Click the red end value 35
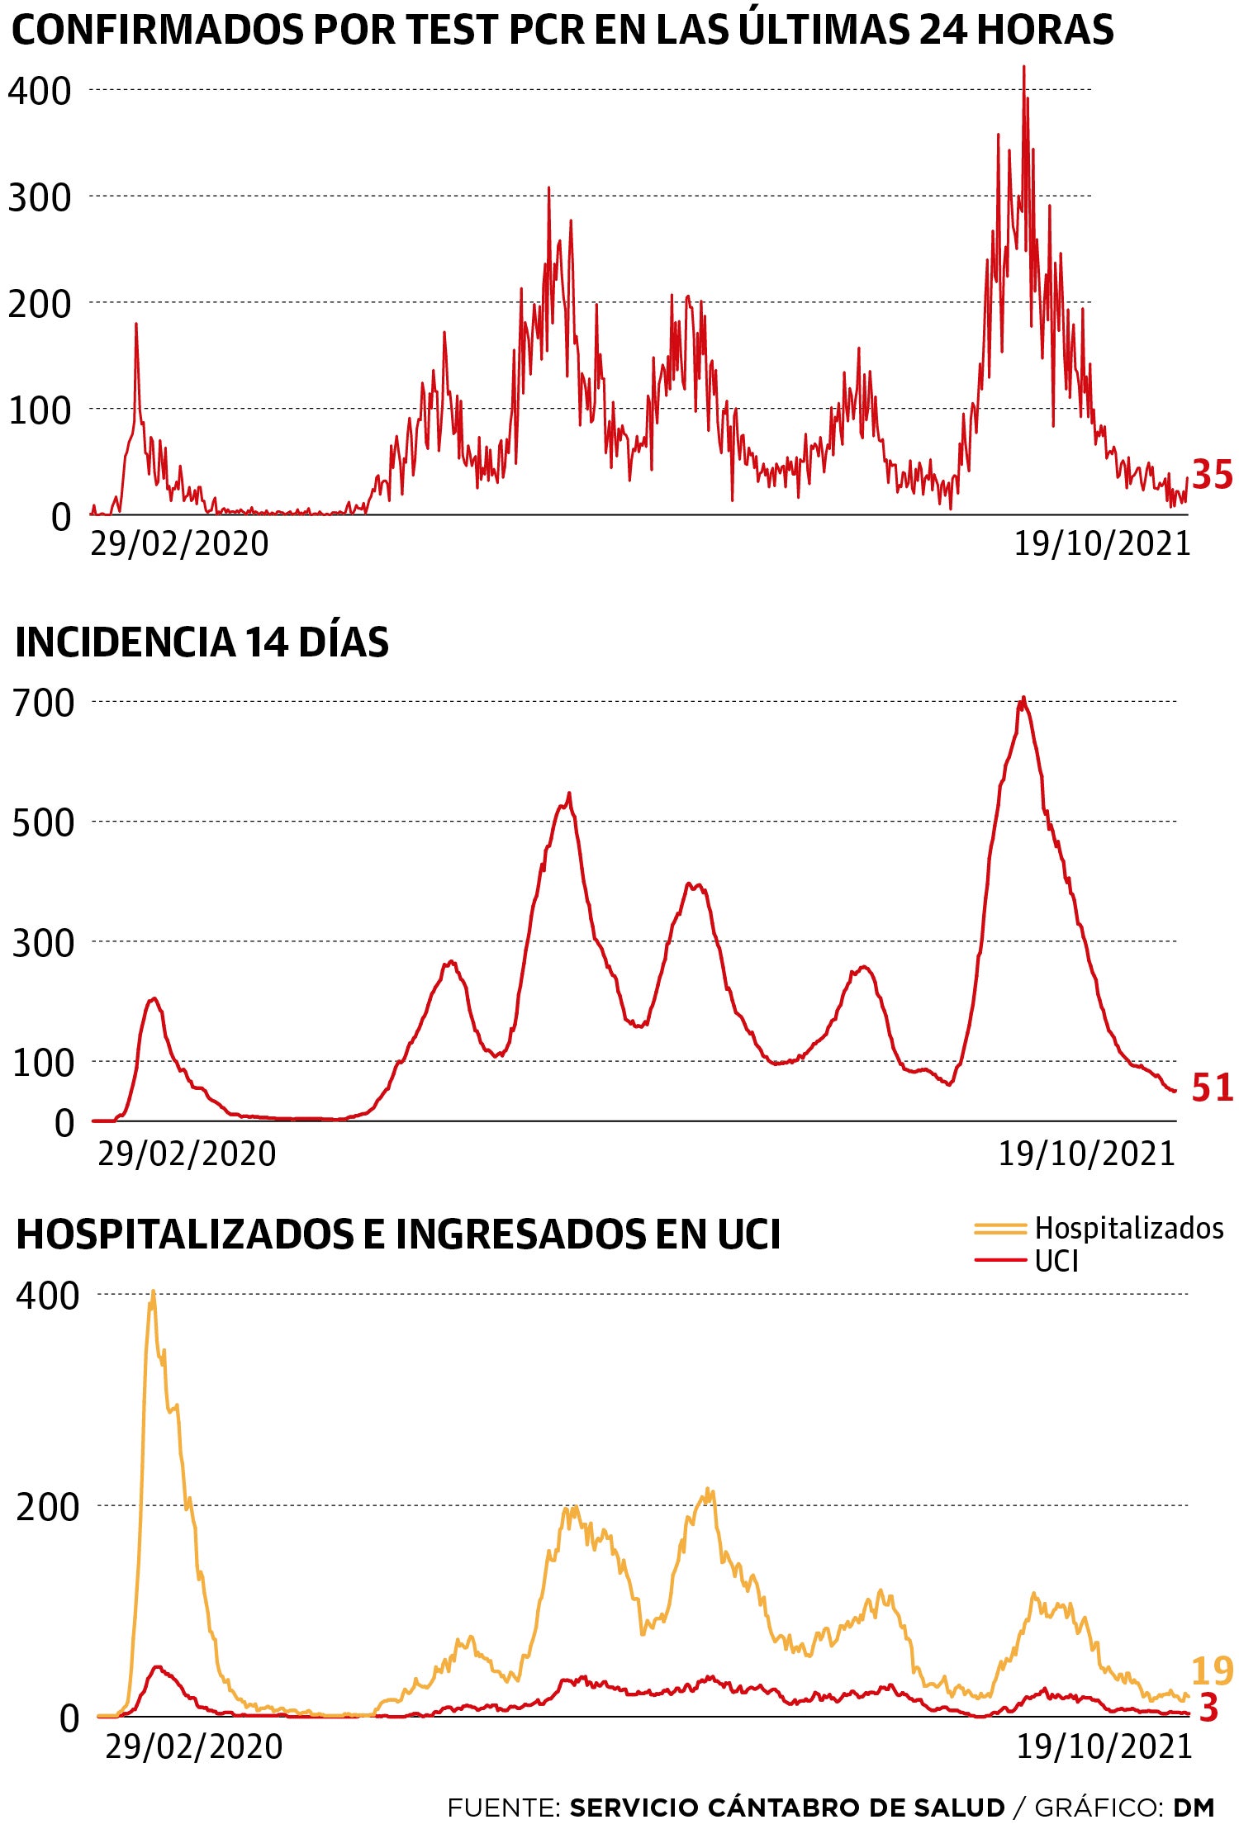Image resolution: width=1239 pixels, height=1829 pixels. [x=1212, y=476]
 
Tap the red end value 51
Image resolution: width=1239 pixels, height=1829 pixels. [x=1212, y=1087]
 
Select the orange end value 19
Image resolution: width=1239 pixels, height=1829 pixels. [x=1212, y=1671]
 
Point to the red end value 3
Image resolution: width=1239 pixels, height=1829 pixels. [x=1208, y=1708]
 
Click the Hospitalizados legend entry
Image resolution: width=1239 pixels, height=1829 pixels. [x=1127, y=1228]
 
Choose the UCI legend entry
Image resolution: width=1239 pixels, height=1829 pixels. [x=1056, y=1261]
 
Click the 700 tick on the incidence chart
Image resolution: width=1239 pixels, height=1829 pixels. [x=43, y=703]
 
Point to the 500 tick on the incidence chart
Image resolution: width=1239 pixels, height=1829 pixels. [x=43, y=822]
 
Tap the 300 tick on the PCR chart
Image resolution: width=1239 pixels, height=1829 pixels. [x=40, y=197]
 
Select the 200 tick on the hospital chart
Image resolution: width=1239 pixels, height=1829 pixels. [x=48, y=1507]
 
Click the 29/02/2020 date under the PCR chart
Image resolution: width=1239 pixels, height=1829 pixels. [x=179, y=543]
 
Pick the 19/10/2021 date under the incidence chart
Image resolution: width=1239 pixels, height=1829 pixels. [x=1086, y=1154]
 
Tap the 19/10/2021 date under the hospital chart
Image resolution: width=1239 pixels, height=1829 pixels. [x=1104, y=1746]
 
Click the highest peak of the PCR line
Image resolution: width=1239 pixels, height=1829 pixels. [x=1024, y=68]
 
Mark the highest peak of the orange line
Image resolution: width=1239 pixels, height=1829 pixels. [x=153, y=1291]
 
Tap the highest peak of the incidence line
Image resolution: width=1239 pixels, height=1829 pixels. [x=1023, y=698]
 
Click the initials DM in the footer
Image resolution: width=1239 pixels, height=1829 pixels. [x=1194, y=1808]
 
